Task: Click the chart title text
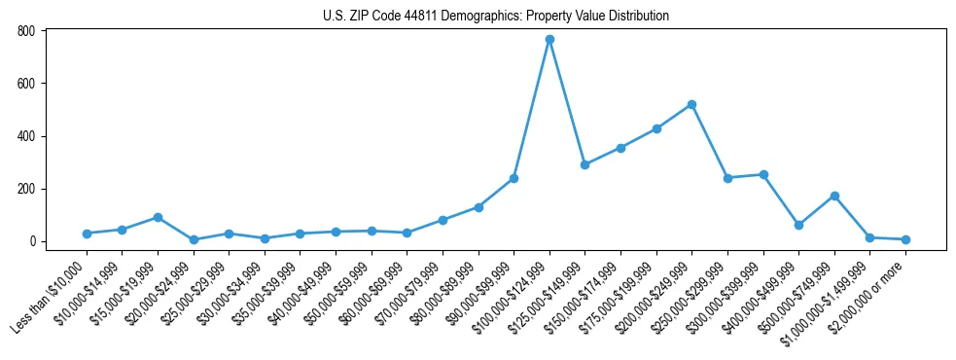coord(496,16)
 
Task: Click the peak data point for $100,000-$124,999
coord(549,39)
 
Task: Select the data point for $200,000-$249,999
coord(691,104)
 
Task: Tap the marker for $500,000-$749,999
coord(834,196)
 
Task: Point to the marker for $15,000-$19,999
coord(158,217)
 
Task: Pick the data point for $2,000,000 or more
coord(905,239)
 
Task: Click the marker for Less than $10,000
coord(87,234)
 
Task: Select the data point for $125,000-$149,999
coord(584,164)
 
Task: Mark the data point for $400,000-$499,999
coord(798,225)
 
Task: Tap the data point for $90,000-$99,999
coord(513,178)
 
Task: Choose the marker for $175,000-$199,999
coord(656,128)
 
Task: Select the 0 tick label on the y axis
coord(32,241)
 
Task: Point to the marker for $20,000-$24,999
coord(194,239)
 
